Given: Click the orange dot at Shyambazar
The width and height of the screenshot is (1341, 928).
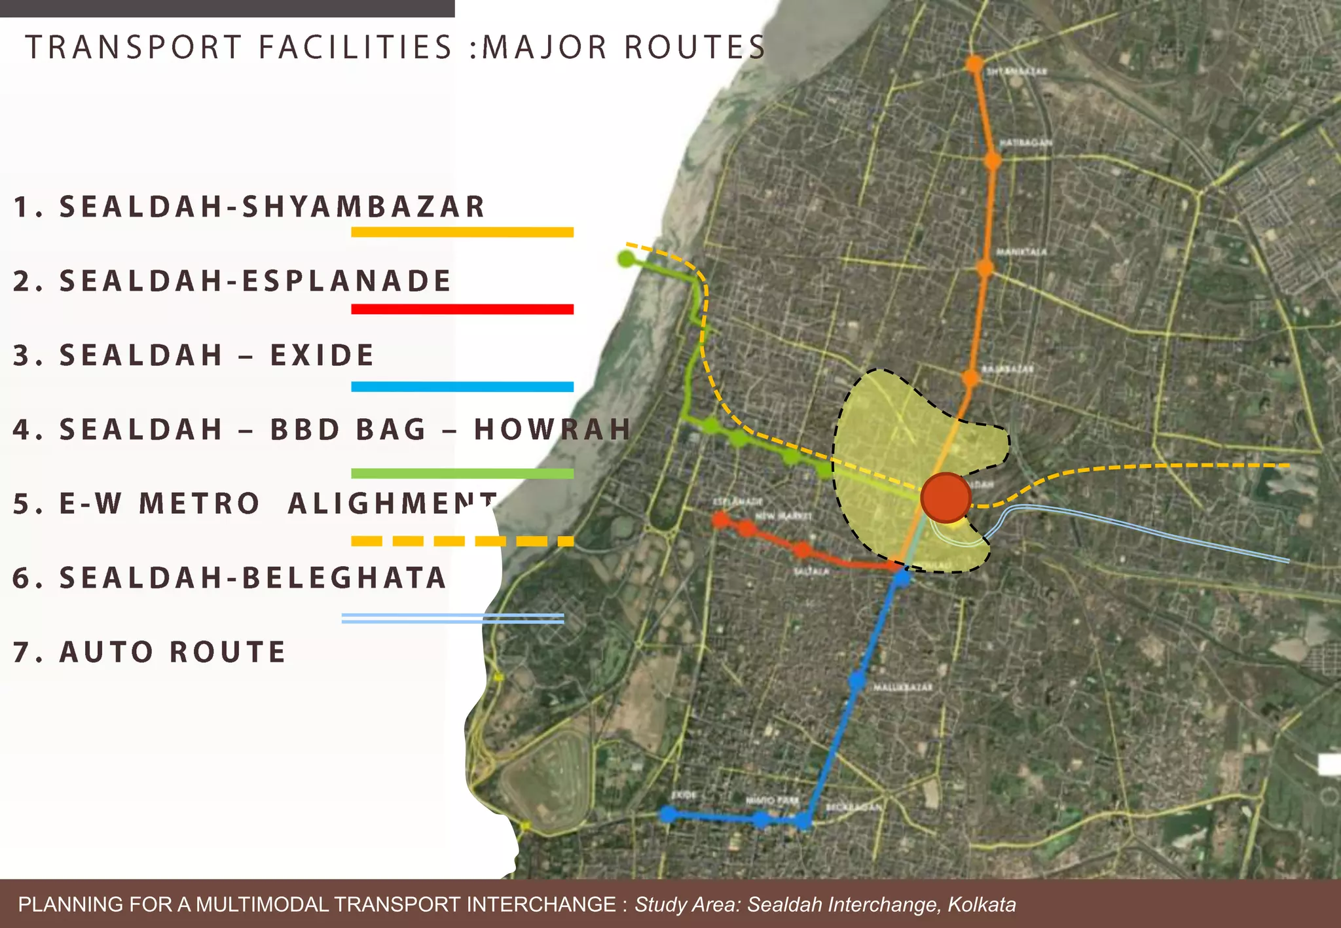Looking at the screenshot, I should (x=975, y=64).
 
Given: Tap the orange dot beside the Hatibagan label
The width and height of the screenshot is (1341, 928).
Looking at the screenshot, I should (x=993, y=160).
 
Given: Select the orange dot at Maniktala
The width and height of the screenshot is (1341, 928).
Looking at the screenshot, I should (x=985, y=268).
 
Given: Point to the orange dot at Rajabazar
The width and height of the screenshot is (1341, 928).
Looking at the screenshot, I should (x=970, y=378).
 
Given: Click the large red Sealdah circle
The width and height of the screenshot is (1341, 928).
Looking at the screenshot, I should (x=946, y=498).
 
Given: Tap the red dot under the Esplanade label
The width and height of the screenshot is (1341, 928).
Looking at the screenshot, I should (x=721, y=520).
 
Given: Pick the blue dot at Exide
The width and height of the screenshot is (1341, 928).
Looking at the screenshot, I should (x=667, y=814).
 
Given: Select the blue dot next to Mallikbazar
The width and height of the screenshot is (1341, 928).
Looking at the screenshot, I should (x=857, y=681).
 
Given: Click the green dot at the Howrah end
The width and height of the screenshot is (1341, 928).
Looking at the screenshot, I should (x=627, y=259).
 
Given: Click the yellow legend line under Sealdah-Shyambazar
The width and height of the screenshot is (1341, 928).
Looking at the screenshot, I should (x=462, y=232).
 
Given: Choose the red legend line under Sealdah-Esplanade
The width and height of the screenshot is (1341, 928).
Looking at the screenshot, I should (x=462, y=309).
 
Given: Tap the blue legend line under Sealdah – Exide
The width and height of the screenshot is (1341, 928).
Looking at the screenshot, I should (x=462, y=387).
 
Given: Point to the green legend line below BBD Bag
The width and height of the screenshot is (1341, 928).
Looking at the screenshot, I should (x=462, y=473).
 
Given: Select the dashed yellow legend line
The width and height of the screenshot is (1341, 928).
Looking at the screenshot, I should (x=462, y=541).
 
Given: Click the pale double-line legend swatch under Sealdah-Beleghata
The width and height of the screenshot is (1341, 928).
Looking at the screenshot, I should (x=452, y=618).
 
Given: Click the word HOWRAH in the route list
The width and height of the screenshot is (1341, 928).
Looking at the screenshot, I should (x=553, y=430).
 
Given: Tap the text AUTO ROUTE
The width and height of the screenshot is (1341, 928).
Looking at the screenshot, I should (x=173, y=652).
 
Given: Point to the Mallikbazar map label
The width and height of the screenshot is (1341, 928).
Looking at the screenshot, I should (x=903, y=688).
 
